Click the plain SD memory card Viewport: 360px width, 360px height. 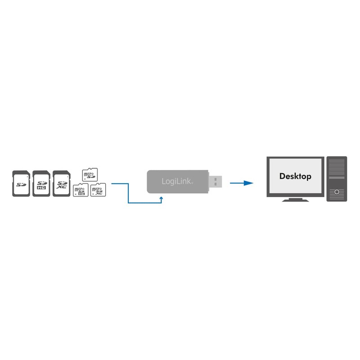pos(21,183)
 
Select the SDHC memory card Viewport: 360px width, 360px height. pos(41,183)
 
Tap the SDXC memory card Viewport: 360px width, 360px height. pos(61,183)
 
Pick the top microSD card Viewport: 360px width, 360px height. pos(90,174)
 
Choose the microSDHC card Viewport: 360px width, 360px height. pos(80,190)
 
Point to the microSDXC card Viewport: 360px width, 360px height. pos(98,190)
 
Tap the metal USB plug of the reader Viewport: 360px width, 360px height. pos(216,182)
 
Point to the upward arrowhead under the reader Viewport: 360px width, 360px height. pos(161,197)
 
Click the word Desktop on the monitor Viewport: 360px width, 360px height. pos(295,176)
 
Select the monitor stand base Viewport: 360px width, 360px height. pos(295,200)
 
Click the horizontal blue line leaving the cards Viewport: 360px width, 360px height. pos(119,183)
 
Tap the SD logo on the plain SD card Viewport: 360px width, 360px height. pos(21,184)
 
